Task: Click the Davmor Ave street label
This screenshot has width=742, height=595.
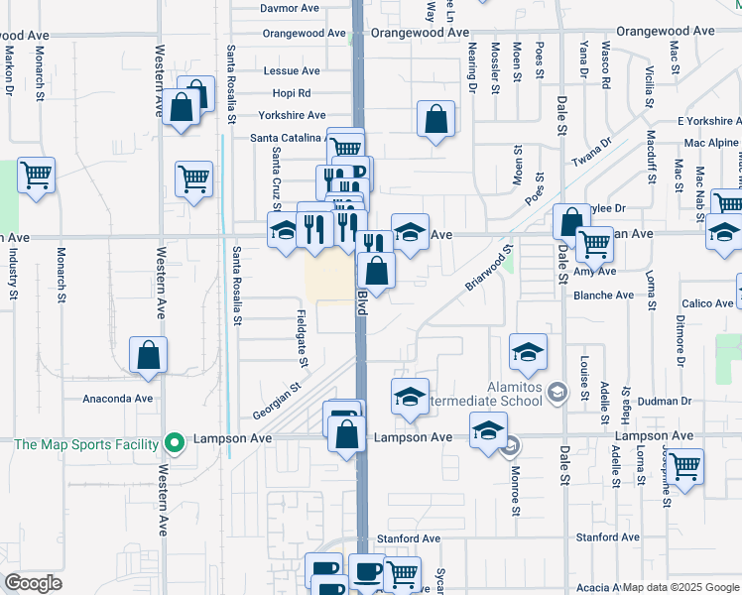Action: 289,8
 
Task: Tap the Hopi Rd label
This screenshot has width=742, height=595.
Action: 291,93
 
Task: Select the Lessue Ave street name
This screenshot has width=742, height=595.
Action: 292,71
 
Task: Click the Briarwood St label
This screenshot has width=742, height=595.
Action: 489,268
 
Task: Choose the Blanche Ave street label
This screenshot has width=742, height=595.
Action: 603,296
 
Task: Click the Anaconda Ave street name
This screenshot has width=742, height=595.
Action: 117,399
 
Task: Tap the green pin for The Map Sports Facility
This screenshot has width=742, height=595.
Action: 175,443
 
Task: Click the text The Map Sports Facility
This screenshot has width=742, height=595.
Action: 86,444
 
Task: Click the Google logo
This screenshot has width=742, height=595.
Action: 33,583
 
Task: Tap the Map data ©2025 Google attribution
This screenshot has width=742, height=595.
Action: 680,587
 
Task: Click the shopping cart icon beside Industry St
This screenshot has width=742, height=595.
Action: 36,177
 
